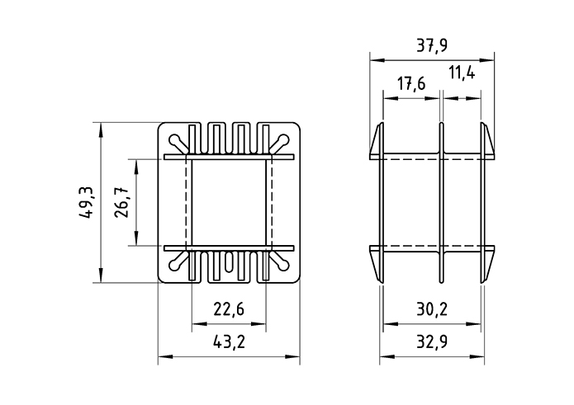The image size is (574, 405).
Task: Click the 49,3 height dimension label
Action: point(84,203)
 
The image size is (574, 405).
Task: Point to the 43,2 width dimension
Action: point(228,342)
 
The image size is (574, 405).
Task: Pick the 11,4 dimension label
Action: point(462,74)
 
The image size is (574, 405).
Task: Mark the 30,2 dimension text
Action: point(431,309)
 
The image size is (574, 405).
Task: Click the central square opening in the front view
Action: point(228,202)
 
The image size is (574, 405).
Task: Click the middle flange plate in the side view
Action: point(441,202)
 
